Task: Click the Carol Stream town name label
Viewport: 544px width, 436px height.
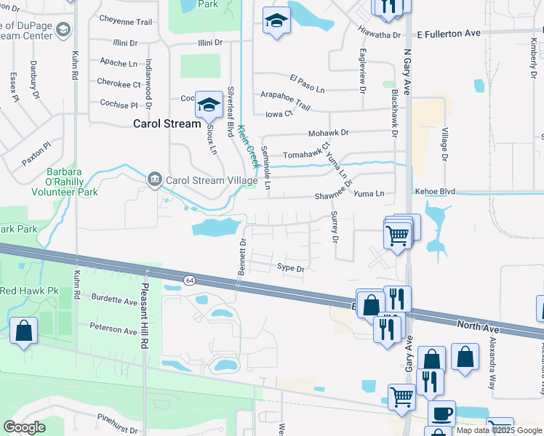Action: pos(167,124)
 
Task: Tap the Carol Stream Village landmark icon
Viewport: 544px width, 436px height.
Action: pos(154,179)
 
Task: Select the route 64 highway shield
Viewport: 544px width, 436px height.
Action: pos(189,280)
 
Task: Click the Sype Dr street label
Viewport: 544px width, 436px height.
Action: pos(289,267)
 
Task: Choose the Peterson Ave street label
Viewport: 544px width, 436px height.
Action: pos(113,330)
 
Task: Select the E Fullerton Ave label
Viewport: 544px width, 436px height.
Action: pos(449,33)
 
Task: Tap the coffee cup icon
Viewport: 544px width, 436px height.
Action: pos(441,414)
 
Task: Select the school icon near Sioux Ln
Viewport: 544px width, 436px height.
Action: pos(209,106)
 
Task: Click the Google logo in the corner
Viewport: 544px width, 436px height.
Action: pos(23,427)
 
